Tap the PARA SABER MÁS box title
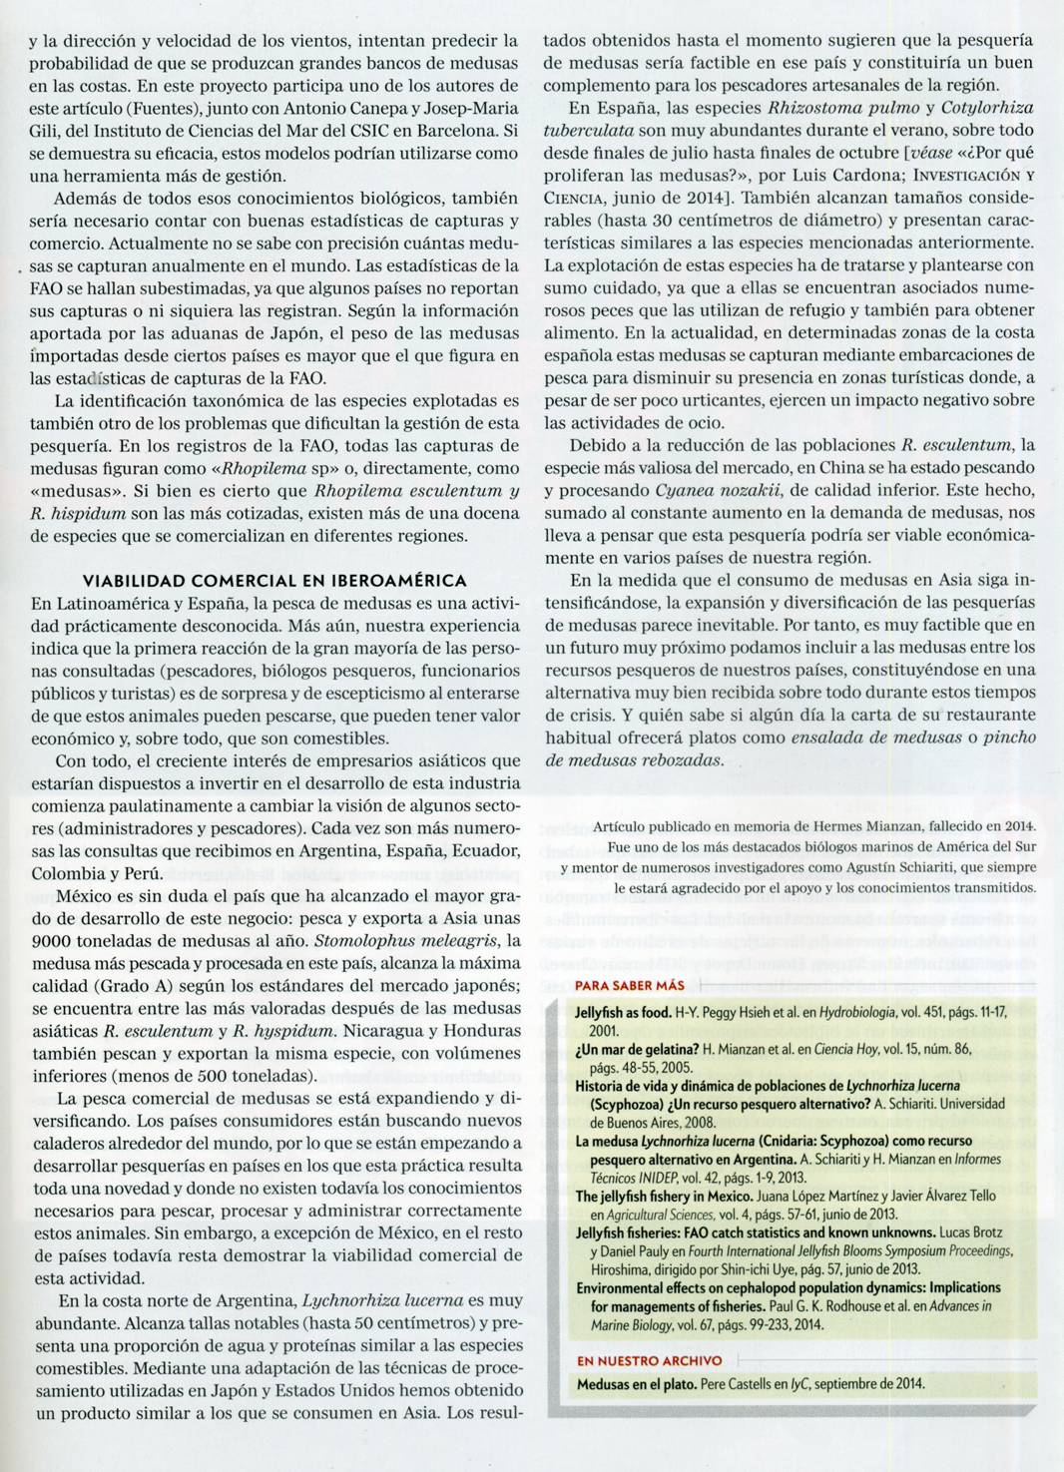point(619,984)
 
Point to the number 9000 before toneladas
point(50,940)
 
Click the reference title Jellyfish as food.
point(623,1011)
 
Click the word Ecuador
point(485,850)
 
